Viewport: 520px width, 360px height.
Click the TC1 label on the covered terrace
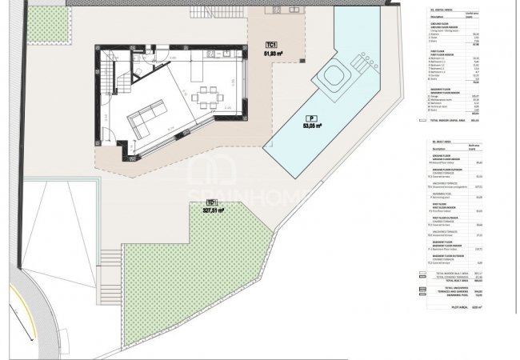point(273,45)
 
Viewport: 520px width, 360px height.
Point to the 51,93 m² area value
point(275,54)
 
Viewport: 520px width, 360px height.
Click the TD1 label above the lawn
point(211,202)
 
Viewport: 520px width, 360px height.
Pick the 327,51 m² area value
point(213,211)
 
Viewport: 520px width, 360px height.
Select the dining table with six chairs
point(211,101)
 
